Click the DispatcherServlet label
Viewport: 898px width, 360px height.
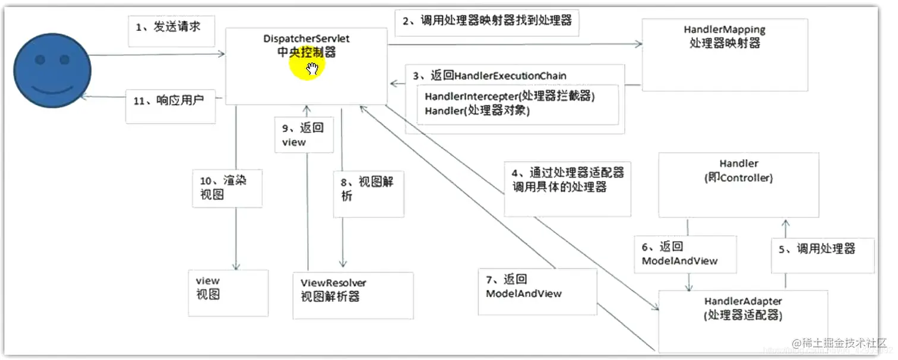pyautogui.click(x=306, y=39)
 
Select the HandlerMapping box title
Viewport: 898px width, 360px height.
pyautogui.click(x=724, y=30)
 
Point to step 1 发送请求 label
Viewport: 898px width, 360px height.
pyautogui.click(x=171, y=27)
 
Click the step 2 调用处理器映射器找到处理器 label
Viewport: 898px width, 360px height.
pyautogui.click(x=486, y=21)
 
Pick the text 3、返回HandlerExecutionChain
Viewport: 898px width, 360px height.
pyautogui.click(x=490, y=75)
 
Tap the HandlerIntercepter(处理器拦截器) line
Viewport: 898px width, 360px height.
pyautogui.click(x=509, y=96)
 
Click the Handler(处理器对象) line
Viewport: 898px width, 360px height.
pyautogui.click(x=477, y=110)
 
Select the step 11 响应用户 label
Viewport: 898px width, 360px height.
pyautogui.click(x=169, y=100)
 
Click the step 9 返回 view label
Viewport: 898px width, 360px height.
pyautogui.click(x=303, y=134)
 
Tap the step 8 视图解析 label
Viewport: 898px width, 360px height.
pyautogui.click(x=368, y=189)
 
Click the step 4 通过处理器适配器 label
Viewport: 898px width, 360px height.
pyautogui.click(x=567, y=179)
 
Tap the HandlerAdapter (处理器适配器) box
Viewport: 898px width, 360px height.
pyautogui.click(x=742, y=309)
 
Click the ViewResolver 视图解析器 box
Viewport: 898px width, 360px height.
pyautogui.click(x=333, y=289)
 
